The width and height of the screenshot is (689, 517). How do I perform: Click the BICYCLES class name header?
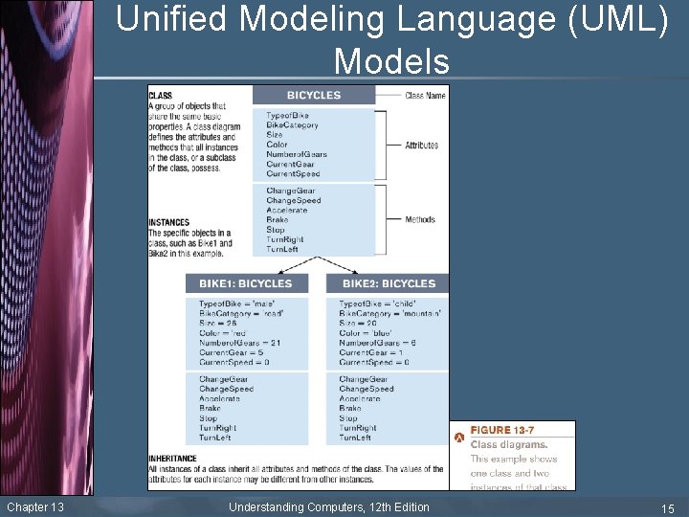[313, 95]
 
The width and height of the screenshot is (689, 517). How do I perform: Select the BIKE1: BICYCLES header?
[245, 283]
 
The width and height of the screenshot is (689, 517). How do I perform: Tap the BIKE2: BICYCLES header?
[388, 283]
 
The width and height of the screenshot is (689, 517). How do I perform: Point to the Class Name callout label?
[427, 96]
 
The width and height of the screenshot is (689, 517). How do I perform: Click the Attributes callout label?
[421, 146]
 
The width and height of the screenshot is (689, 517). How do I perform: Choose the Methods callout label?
[420, 219]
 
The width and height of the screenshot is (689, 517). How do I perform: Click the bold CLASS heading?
[160, 96]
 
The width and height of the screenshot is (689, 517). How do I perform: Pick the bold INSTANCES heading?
[168, 223]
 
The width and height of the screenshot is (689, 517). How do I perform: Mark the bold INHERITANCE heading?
[173, 459]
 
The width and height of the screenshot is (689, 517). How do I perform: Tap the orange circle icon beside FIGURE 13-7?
[459, 437]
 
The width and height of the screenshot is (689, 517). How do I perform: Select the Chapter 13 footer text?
[35, 506]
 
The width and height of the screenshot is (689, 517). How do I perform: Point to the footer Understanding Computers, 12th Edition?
[329, 506]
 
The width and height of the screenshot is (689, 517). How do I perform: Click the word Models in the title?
[391, 61]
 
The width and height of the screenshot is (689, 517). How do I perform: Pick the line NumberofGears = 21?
[239, 343]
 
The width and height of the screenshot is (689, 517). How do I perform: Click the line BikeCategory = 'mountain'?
[389, 313]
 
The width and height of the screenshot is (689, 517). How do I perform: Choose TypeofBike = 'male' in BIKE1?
[234, 303]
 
